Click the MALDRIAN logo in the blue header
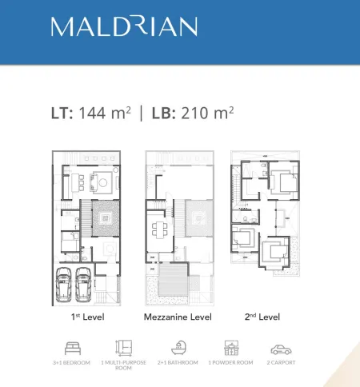124,26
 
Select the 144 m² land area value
105,113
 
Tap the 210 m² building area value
207,113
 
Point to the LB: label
164,114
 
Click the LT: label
62,114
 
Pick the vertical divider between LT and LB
142,114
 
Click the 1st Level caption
88,317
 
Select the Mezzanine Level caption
178,317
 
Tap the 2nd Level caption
262,317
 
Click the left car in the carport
64,285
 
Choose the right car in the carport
83,285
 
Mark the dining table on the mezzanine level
160,229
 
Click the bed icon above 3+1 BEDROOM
73,348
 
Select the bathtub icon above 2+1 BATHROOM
178,347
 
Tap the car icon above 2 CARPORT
281,349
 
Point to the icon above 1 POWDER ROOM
231,348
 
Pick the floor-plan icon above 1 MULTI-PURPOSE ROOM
123,348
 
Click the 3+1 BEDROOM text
71,362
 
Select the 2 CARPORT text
281,362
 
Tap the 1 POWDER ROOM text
230,362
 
